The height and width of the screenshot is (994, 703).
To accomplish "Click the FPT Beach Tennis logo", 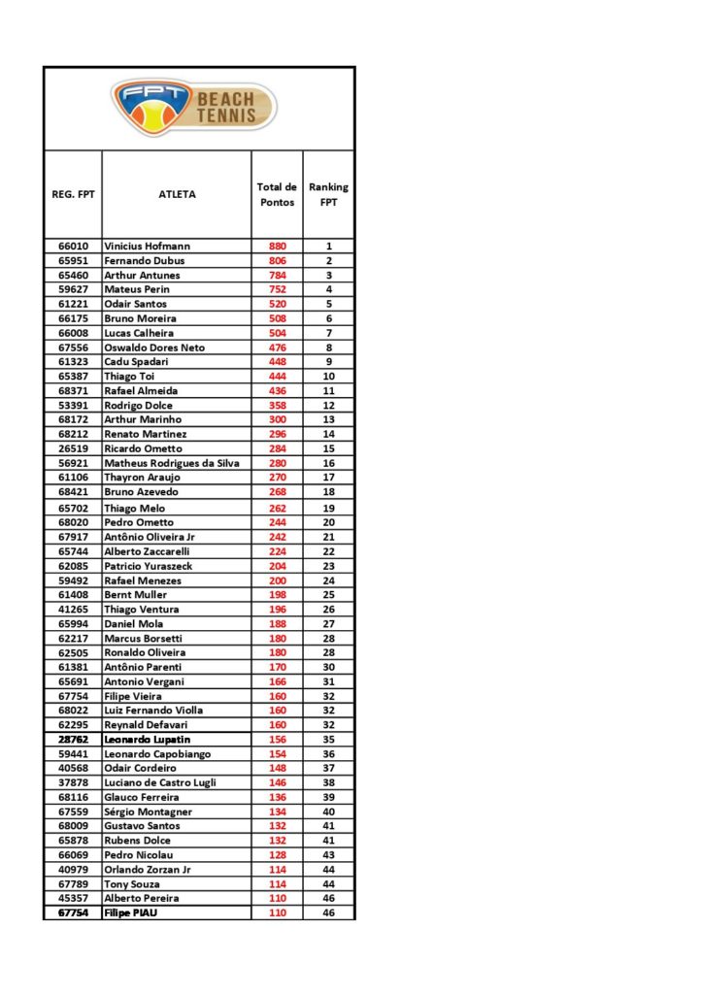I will coord(194,107).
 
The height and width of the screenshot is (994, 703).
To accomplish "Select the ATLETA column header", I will coord(177,194).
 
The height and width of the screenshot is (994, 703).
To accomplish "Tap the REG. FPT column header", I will coord(72,194).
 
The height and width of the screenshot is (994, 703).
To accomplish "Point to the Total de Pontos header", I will coord(277,194).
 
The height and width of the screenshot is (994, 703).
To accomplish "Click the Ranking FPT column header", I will coord(328,194).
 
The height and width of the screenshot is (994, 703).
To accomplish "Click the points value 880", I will coord(278,247).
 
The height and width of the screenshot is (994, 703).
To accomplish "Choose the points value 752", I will coord(278,289).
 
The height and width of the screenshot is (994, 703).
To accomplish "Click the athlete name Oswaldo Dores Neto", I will coord(154,348).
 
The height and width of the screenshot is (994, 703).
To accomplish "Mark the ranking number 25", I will coord(328,595).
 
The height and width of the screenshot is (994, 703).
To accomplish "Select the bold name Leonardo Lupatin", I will coord(148,740).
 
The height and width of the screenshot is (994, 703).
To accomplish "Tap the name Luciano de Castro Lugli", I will coord(160,782).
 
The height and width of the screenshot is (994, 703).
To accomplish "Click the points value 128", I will coord(278,855).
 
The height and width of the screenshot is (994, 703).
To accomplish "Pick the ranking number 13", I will coord(328,419).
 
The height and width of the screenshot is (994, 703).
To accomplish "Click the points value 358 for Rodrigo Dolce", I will coord(278,405).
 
